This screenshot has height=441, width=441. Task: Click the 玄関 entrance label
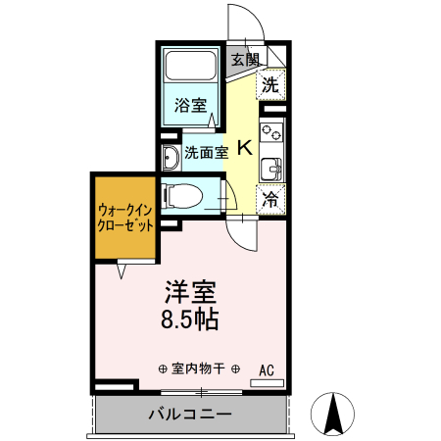(245, 59)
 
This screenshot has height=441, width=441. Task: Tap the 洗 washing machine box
(271, 85)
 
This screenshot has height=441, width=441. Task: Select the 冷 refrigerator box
(271, 199)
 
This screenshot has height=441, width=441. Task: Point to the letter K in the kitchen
(244, 149)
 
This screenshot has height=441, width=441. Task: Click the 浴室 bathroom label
(190, 105)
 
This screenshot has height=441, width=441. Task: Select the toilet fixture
(185, 194)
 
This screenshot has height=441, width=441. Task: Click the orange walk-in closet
(124, 217)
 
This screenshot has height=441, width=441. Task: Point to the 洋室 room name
(190, 292)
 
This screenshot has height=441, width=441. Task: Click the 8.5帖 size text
(190, 319)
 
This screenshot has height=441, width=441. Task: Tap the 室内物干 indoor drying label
(198, 369)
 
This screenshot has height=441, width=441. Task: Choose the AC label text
(266, 369)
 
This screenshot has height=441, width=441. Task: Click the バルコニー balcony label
(190, 414)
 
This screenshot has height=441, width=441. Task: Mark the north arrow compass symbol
(332, 413)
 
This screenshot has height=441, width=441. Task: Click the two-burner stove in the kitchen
(271, 131)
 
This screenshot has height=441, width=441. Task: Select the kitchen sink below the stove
(270, 168)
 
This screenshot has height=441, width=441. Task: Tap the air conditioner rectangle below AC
(266, 382)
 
